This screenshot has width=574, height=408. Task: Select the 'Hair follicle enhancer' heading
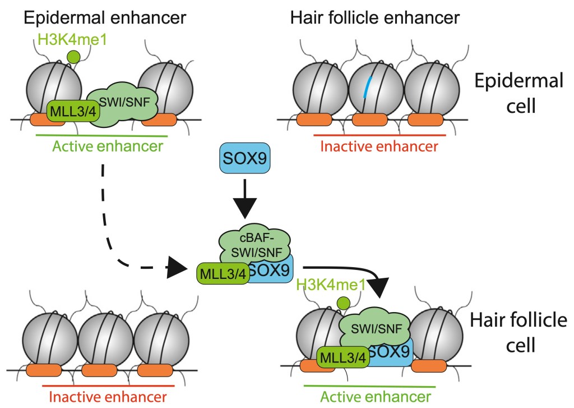click(x=375, y=17)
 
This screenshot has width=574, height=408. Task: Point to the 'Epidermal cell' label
click(x=518, y=93)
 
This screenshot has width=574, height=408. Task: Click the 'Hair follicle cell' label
click(x=518, y=333)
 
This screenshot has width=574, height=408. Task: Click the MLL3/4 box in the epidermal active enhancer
click(x=66, y=108)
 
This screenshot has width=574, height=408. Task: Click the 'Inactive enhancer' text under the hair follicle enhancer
click(x=379, y=147)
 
